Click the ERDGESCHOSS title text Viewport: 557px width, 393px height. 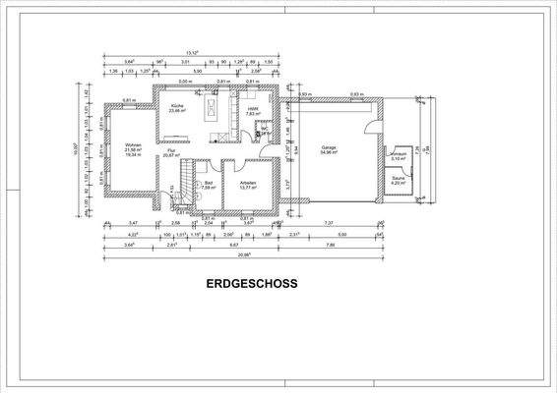[x=252, y=283]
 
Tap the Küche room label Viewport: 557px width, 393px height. [x=177, y=105]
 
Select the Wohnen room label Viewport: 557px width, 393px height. [x=134, y=144]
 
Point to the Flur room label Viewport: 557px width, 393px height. [x=169, y=150]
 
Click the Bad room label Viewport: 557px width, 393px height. [x=208, y=182]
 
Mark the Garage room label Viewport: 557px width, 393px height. [x=329, y=148]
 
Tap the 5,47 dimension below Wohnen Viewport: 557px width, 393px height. [x=133, y=223]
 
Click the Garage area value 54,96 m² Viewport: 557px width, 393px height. [x=329, y=153]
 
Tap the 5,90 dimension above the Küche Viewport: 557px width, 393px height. [x=198, y=72]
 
